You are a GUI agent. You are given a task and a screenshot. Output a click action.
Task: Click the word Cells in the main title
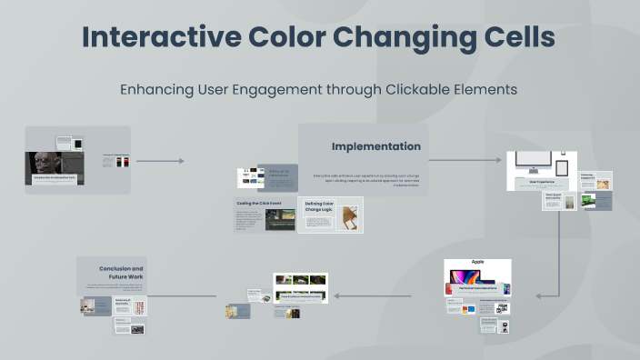pos(513,37)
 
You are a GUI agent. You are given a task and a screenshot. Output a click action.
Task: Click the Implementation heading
pos(375,146)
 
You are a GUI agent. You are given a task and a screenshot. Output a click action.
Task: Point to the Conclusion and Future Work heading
pos(121,274)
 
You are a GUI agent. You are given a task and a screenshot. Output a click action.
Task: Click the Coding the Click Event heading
pos(265,203)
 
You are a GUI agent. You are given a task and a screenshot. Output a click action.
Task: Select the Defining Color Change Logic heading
pos(320,208)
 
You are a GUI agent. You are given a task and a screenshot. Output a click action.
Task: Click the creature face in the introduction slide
pos(44,165)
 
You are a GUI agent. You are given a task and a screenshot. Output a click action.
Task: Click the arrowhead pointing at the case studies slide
pos(335,295)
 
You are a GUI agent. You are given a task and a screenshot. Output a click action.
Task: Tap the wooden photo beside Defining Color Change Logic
pos(349,217)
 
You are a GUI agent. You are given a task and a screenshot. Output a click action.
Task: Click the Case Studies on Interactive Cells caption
pos(301,295)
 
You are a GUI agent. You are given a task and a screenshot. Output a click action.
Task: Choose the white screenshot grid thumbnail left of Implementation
pos(250,177)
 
